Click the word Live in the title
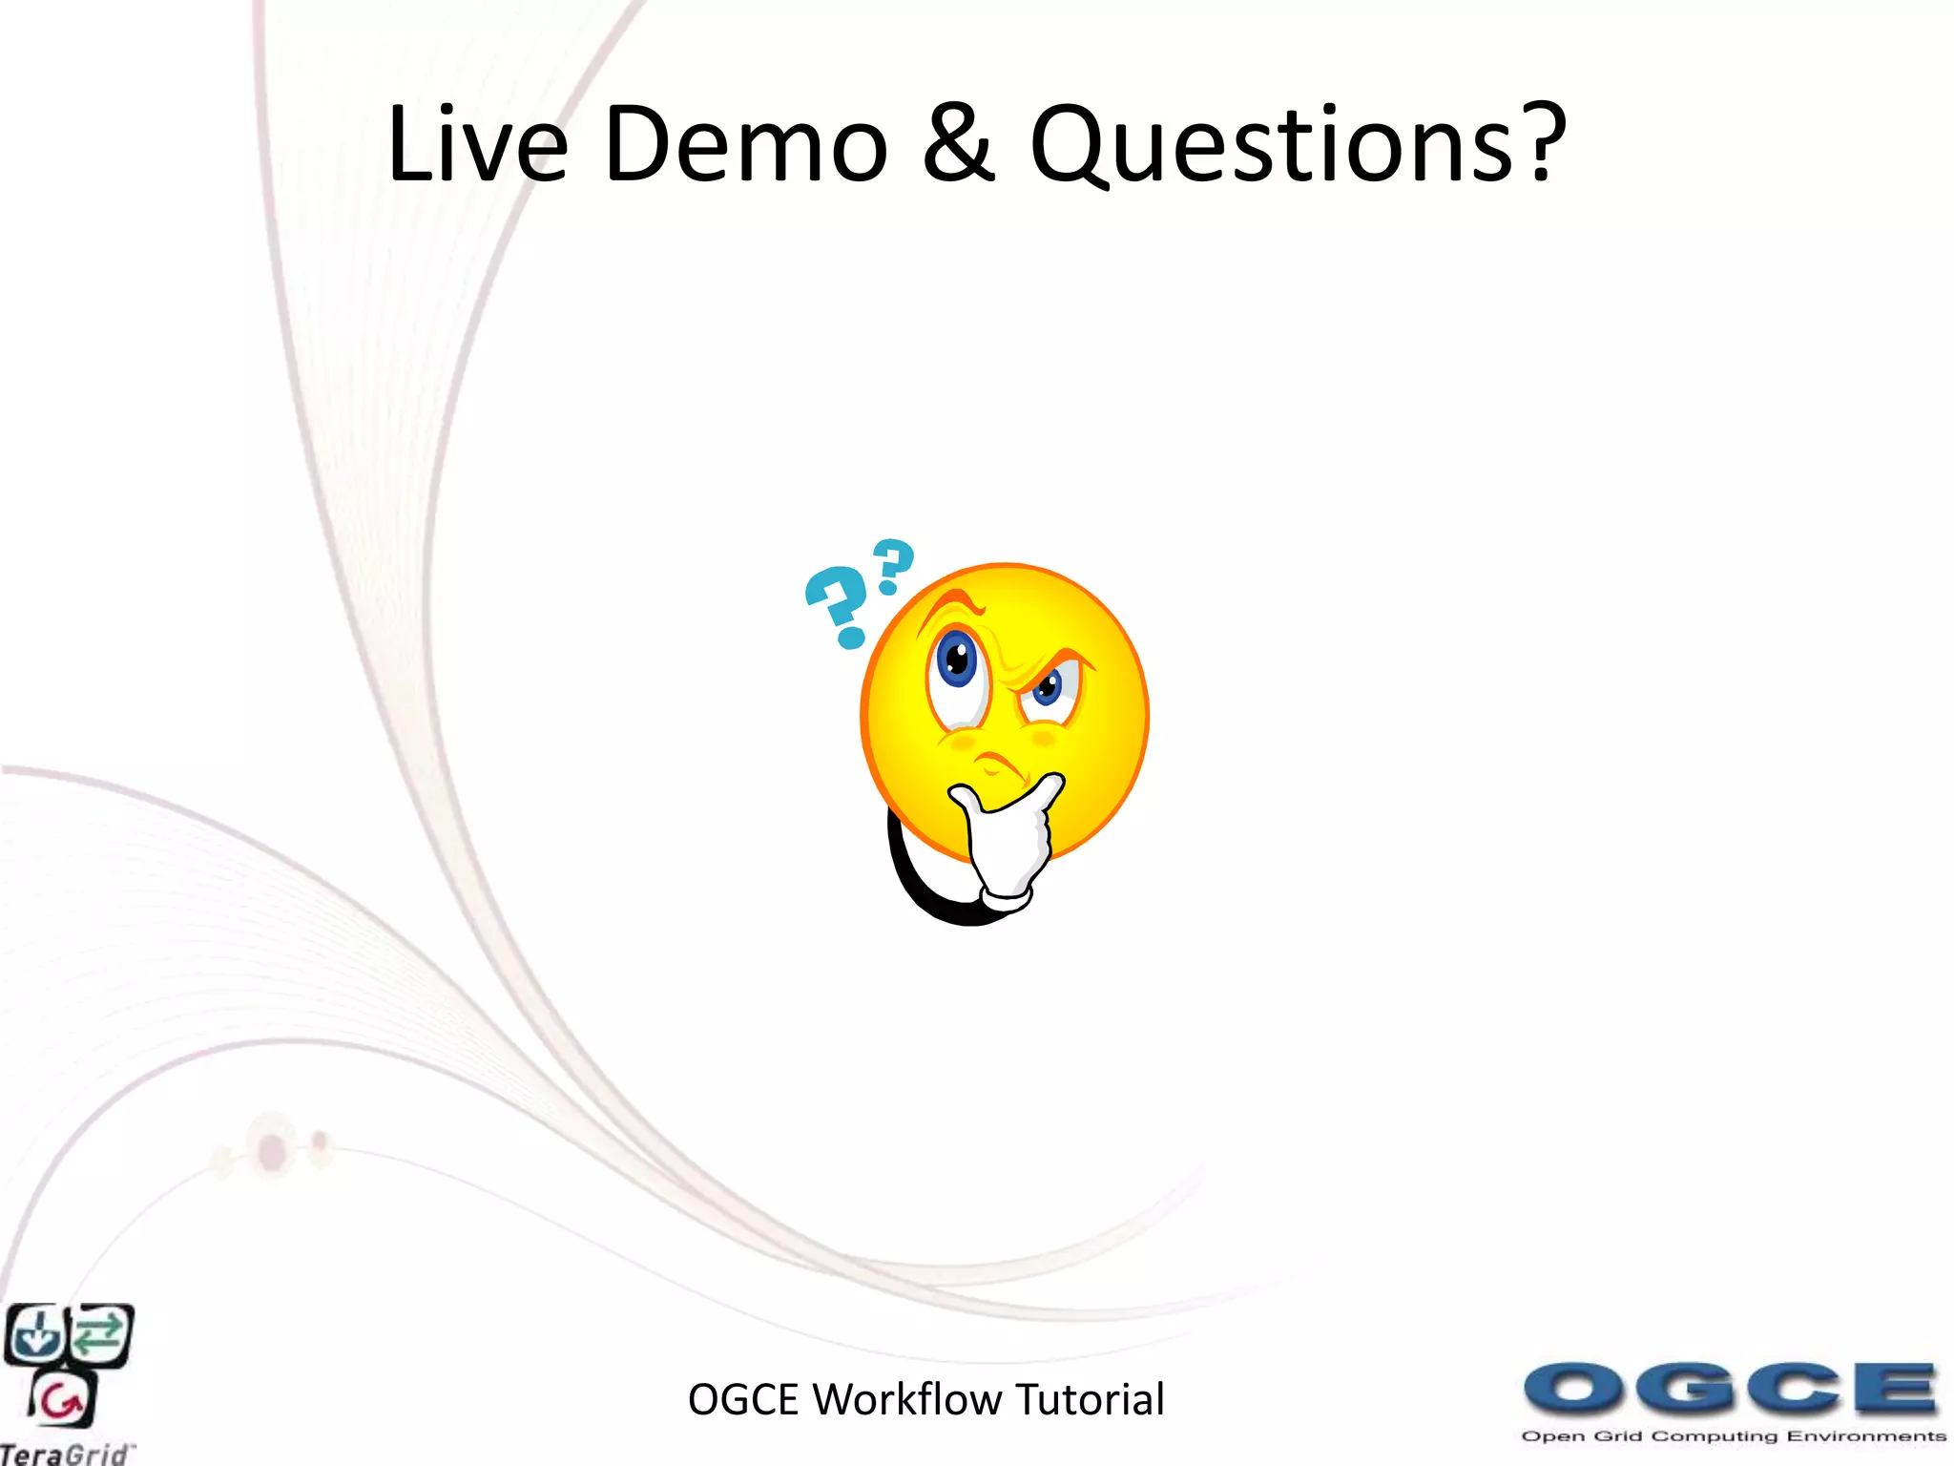click(x=477, y=145)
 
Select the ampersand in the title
click(x=959, y=145)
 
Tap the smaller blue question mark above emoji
click(x=893, y=565)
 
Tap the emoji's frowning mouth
click(x=997, y=764)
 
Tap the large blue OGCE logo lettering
click(x=1729, y=1389)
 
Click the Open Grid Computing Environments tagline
click(x=1733, y=1436)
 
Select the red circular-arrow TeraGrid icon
click(x=63, y=1401)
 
